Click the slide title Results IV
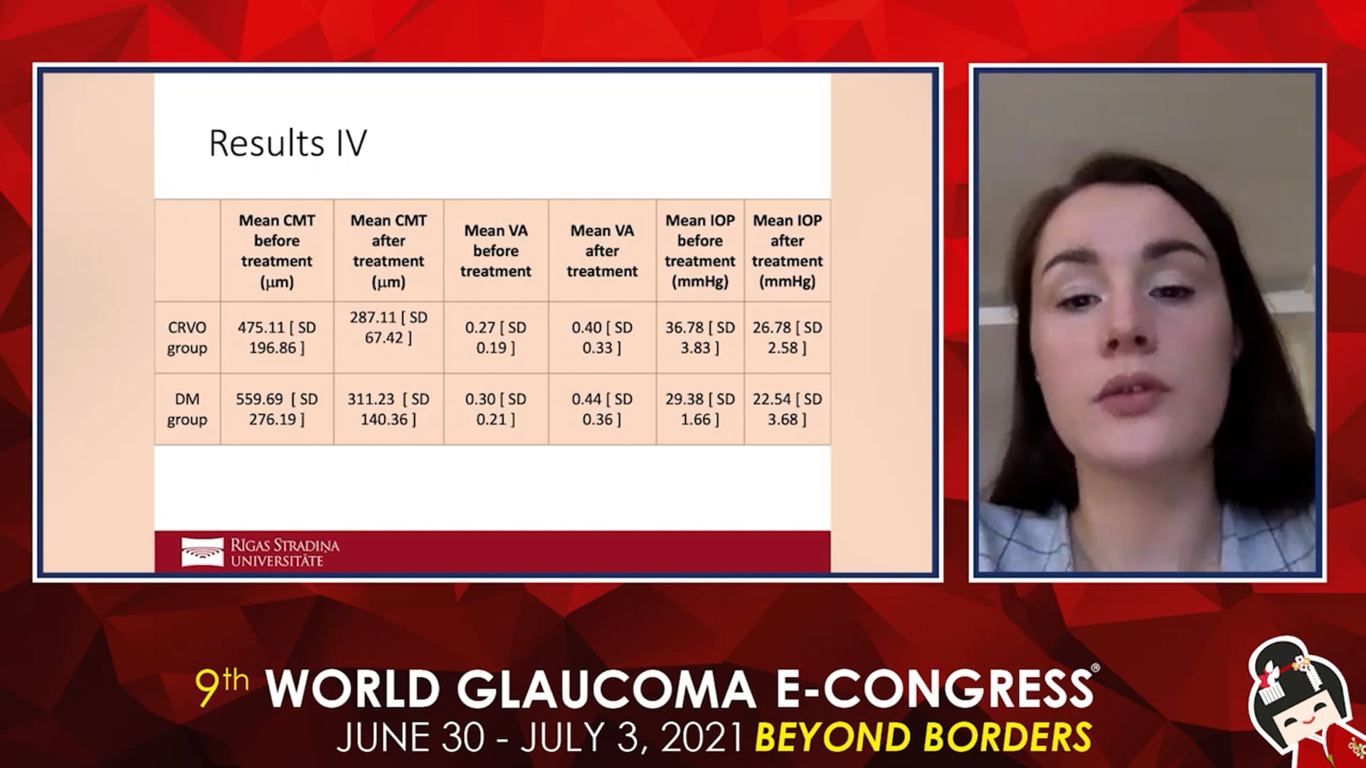coord(287,143)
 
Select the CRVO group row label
coord(187,338)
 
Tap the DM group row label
coord(187,410)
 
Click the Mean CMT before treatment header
coord(277,251)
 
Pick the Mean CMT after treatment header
coord(388,251)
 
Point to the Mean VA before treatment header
coord(496,251)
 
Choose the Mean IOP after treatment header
coord(787,251)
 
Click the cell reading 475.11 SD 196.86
coord(277,338)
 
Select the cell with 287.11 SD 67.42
coord(388,327)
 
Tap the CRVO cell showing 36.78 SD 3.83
coord(700,338)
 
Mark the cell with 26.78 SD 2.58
coord(787,338)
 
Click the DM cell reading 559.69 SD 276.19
coord(277,410)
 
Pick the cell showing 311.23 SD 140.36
coord(388,410)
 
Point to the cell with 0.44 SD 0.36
coord(602,410)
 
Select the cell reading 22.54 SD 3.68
coord(787,410)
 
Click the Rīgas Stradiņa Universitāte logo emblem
coord(202,553)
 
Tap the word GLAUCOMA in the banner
coord(605,689)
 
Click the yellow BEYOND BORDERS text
coord(923,737)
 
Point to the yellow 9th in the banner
coord(222,686)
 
